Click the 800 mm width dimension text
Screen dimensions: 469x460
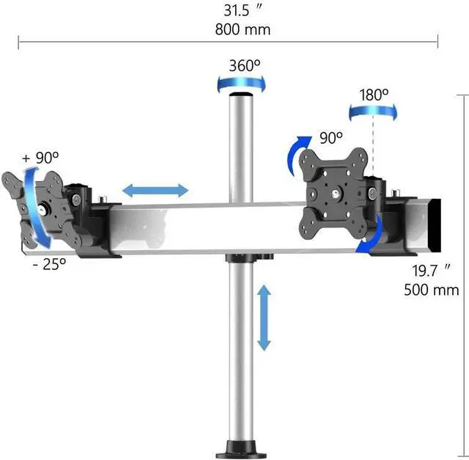[x=243, y=29]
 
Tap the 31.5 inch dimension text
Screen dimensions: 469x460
[x=243, y=11]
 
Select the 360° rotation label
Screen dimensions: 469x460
[x=244, y=65]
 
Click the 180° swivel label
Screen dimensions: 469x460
[x=374, y=95]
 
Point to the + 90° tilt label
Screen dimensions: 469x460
[x=41, y=157]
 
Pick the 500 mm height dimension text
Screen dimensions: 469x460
[x=431, y=289]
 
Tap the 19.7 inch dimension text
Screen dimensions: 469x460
[x=431, y=271]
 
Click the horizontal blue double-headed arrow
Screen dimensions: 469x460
[x=155, y=191]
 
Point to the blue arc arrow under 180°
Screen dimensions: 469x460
[x=373, y=111]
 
